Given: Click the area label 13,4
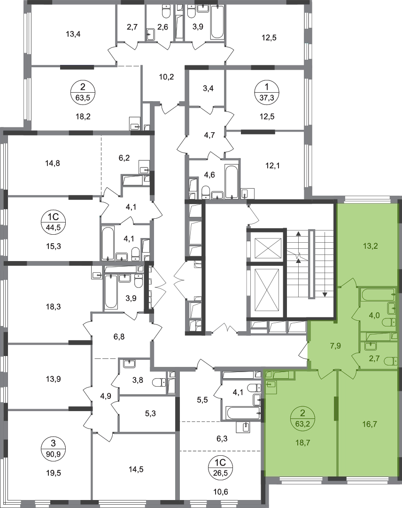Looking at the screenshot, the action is tap(73, 34).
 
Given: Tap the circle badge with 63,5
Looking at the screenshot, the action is tap(83, 92).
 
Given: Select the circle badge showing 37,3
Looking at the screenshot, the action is tap(266, 92).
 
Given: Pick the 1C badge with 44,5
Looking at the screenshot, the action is tap(54, 222).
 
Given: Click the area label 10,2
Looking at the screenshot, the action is tap(167, 77).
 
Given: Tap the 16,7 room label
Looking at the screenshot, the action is tap(370, 424).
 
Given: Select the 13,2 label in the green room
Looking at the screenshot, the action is tap(371, 246).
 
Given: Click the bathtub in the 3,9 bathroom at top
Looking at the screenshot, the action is tap(216, 21).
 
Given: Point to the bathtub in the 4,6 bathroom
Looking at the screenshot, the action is tap(232, 182).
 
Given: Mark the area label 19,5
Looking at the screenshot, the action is tap(54, 473).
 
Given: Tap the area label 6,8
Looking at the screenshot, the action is tap(119, 337).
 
